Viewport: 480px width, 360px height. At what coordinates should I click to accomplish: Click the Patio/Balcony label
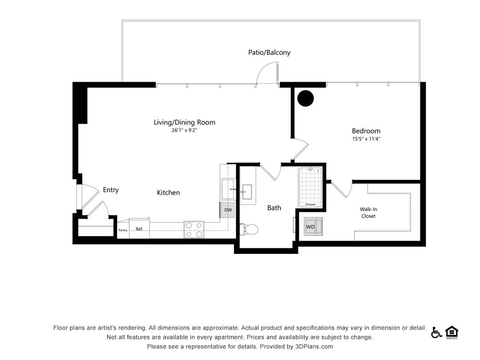pyautogui.click(x=269, y=52)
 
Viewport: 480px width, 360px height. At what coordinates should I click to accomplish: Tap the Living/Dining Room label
pyautogui.click(x=184, y=122)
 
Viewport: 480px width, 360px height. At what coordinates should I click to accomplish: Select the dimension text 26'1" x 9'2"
pyautogui.click(x=184, y=131)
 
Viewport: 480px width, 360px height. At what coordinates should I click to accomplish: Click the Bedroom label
pyautogui.click(x=366, y=131)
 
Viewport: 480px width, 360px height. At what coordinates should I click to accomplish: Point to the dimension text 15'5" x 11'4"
pyautogui.click(x=366, y=139)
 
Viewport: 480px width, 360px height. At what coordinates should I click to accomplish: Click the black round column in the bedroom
pyautogui.click(x=305, y=99)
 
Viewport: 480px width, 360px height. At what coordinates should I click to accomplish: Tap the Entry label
pyautogui.click(x=111, y=190)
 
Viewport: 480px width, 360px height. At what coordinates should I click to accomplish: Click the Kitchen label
pyautogui.click(x=168, y=193)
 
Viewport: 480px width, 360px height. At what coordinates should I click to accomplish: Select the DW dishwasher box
pyautogui.click(x=228, y=210)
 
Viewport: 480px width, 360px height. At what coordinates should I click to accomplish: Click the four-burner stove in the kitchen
pyautogui.click(x=194, y=229)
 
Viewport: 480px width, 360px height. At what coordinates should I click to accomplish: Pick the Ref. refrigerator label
pyautogui.click(x=139, y=229)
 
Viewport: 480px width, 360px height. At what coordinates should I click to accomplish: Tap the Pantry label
pyautogui.click(x=123, y=230)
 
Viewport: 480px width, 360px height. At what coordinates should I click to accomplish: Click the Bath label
pyautogui.click(x=274, y=208)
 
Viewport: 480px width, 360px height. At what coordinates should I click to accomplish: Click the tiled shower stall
pyautogui.click(x=310, y=186)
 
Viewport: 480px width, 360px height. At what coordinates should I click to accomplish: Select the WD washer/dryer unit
pyautogui.click(x=313, y=226)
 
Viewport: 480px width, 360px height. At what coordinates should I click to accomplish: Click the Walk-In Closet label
pyautogui.click(x=368, y=212)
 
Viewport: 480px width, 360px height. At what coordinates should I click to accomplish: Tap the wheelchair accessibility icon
pyautogui.click(x=436, y=332)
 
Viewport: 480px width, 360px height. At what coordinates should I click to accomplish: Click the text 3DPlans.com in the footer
pyautogui.click(x=314, y=347)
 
